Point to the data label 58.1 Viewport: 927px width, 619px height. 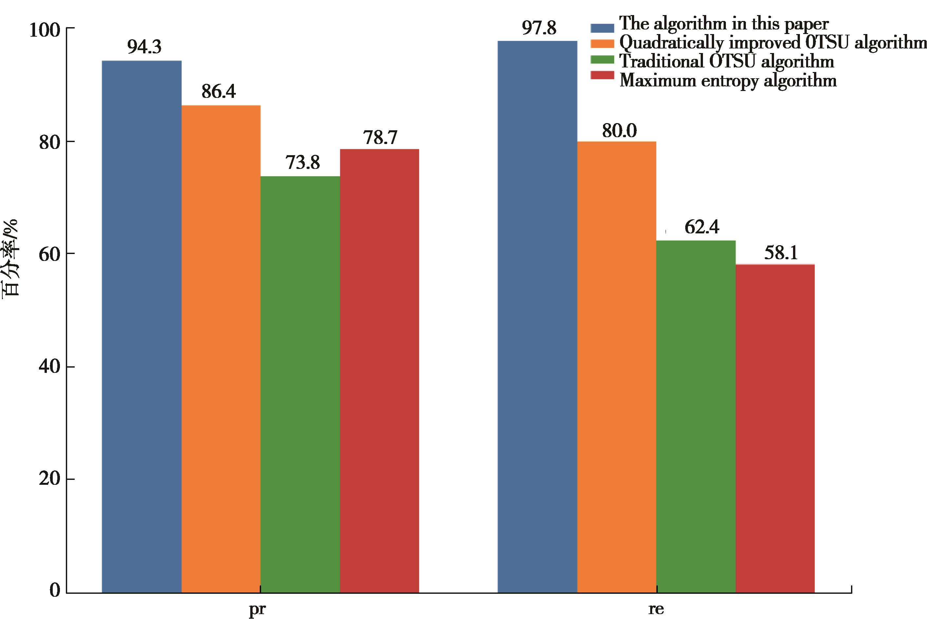coord(781,253)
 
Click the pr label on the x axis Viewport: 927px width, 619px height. coord(257,610)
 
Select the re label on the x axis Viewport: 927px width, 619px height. coord(656,610)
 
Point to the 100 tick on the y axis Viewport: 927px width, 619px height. coord(44,30)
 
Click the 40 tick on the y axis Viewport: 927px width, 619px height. coord(49,367)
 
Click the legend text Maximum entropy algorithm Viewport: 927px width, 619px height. coord(728,81)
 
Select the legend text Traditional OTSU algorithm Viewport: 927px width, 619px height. coord(726,62)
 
